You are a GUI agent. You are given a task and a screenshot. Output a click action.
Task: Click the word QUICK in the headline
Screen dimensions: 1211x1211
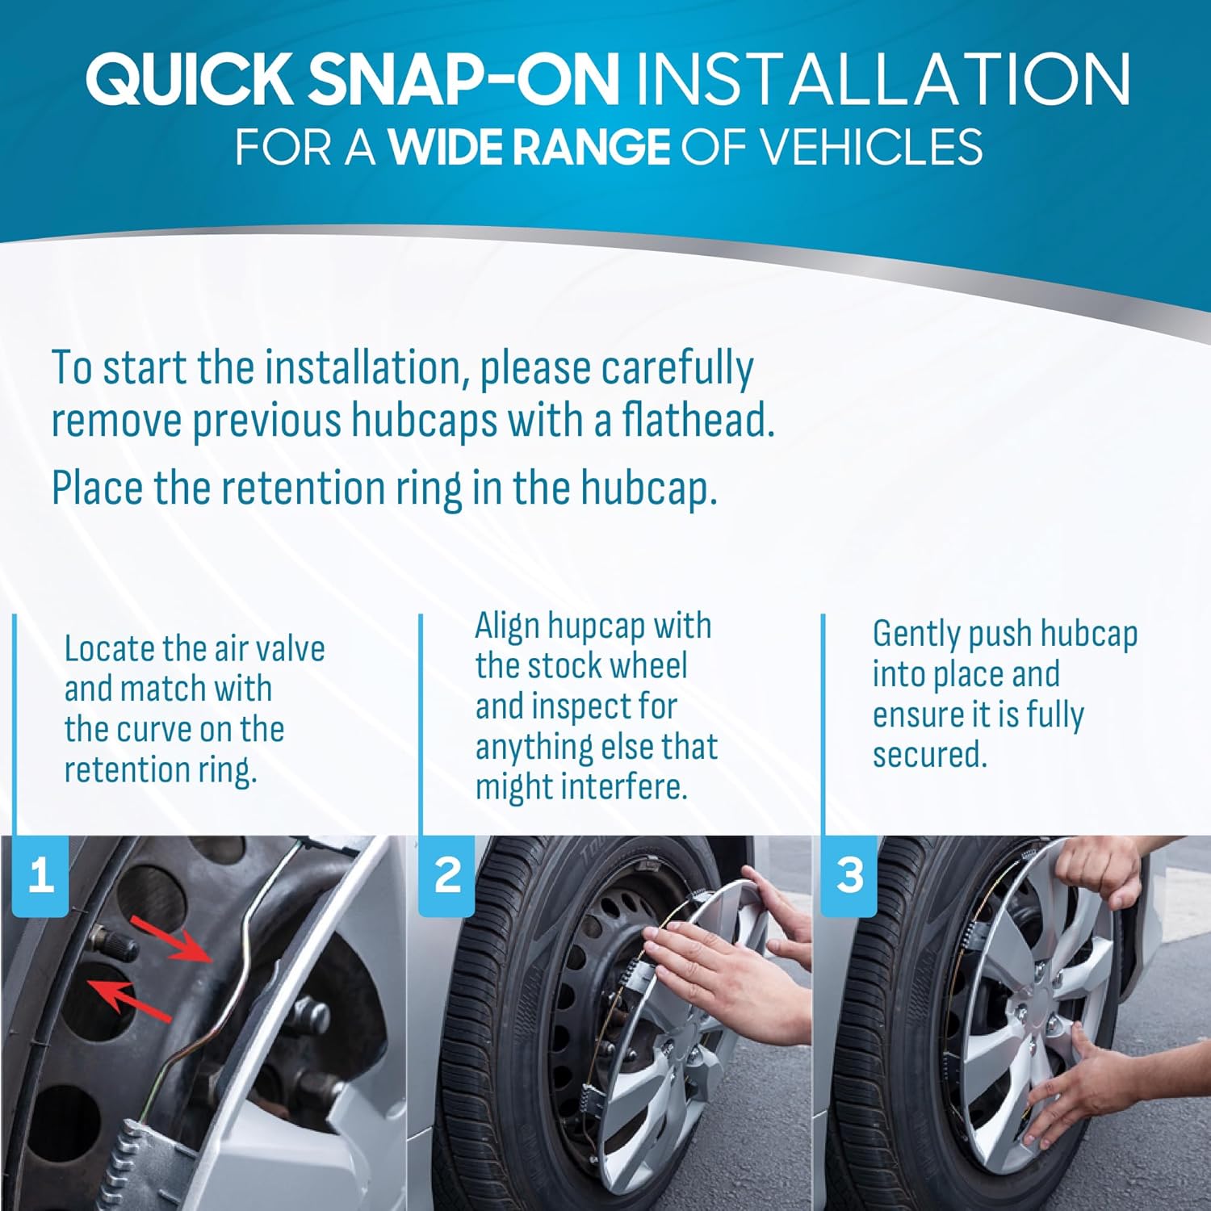point(191,78)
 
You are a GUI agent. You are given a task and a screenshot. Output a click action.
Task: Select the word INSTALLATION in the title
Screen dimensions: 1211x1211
point(883,78)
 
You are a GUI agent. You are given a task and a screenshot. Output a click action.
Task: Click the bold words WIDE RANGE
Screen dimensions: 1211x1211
point(530,147)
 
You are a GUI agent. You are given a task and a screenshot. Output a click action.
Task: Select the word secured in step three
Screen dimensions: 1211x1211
point(929,755)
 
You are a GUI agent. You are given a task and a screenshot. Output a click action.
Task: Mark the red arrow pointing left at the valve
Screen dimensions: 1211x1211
point(129,1001)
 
